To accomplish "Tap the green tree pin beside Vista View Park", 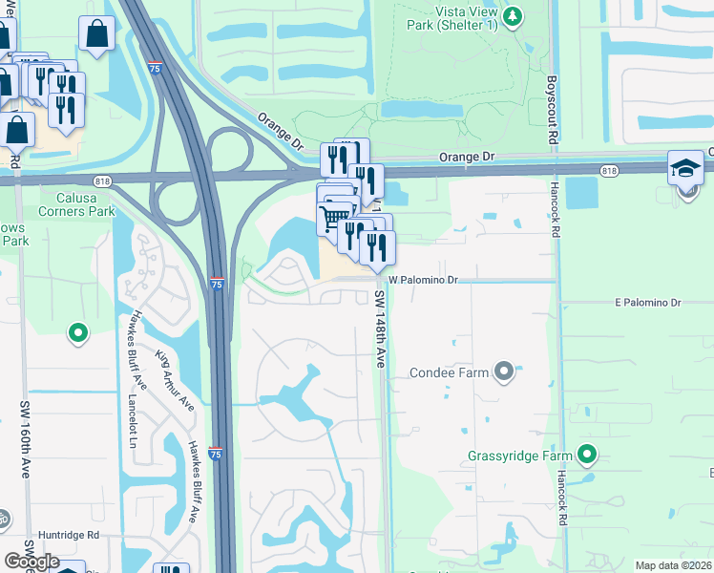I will [514, 16].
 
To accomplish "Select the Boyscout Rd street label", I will [553, 111].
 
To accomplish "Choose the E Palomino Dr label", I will [648, 303].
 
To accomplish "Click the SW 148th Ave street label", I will [380, 329].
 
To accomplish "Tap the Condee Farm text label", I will [449, 372].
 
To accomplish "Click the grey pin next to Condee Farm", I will [504, 371].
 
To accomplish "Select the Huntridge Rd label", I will [69, 537].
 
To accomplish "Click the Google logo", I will [31, 562].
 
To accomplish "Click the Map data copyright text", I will [674, 565].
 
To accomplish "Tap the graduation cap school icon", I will [685, 168].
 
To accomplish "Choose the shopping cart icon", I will [333, 218].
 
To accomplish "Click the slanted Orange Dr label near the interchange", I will [279, 132].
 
